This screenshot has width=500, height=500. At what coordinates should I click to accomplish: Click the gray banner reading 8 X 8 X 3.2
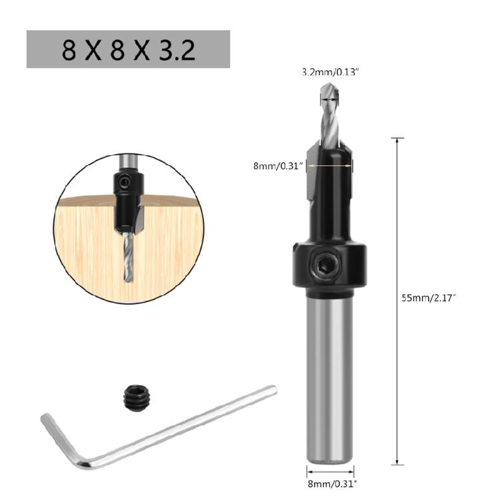128,49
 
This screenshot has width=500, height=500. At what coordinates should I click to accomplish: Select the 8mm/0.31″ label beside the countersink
278,165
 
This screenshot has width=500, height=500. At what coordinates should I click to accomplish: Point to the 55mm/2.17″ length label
428,298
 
